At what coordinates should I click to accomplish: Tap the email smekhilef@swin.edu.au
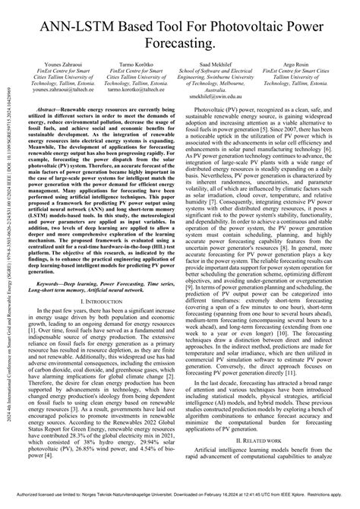(x=219, y=114)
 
